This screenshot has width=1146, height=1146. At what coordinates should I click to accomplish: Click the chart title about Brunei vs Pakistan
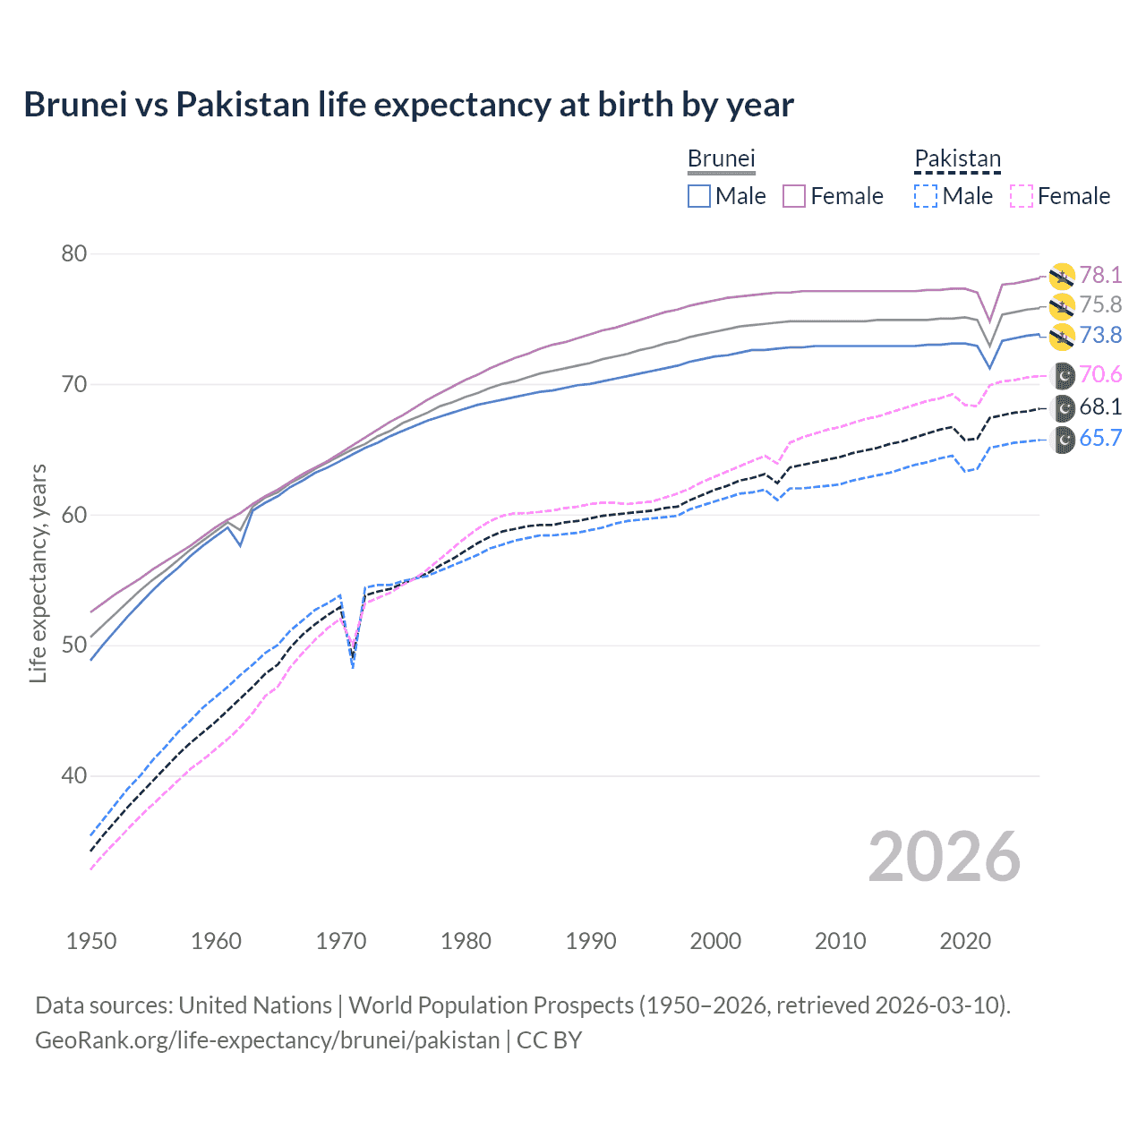coord(408,105)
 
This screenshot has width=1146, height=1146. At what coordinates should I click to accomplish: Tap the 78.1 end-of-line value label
coord(1100,275)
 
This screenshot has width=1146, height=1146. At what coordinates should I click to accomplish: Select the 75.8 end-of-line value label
coord(1100,305)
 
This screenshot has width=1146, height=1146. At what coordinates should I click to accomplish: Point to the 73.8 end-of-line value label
coord(1100,336)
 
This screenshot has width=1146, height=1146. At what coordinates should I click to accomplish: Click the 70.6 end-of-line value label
coord(1100,375)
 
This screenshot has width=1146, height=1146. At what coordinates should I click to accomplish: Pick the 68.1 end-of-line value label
coord(1100,407)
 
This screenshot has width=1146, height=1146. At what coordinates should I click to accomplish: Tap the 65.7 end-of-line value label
coord(1100,439)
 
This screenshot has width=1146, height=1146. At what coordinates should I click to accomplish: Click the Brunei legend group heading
coord(721,158)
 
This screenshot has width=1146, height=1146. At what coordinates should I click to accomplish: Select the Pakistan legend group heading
coord(957,158)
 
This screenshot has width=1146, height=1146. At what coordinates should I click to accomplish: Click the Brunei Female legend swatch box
coord(794,196)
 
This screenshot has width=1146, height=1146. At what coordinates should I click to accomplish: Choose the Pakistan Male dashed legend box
coord(926,196)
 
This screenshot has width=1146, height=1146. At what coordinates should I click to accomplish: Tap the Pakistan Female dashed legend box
coord(1021,196)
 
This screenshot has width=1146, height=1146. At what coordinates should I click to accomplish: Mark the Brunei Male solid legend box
coord(699,196)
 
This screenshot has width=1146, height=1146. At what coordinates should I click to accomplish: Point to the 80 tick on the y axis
coord(74,254)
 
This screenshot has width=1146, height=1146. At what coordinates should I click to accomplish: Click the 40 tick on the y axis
coord(74,776)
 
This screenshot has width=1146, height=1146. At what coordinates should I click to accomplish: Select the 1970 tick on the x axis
coord(341,941)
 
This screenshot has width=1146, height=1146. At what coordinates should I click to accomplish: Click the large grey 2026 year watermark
coord(944,858)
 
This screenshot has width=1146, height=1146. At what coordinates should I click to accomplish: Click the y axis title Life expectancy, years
coord(38,573)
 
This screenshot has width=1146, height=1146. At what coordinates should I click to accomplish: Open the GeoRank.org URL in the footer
coord(267,1040)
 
